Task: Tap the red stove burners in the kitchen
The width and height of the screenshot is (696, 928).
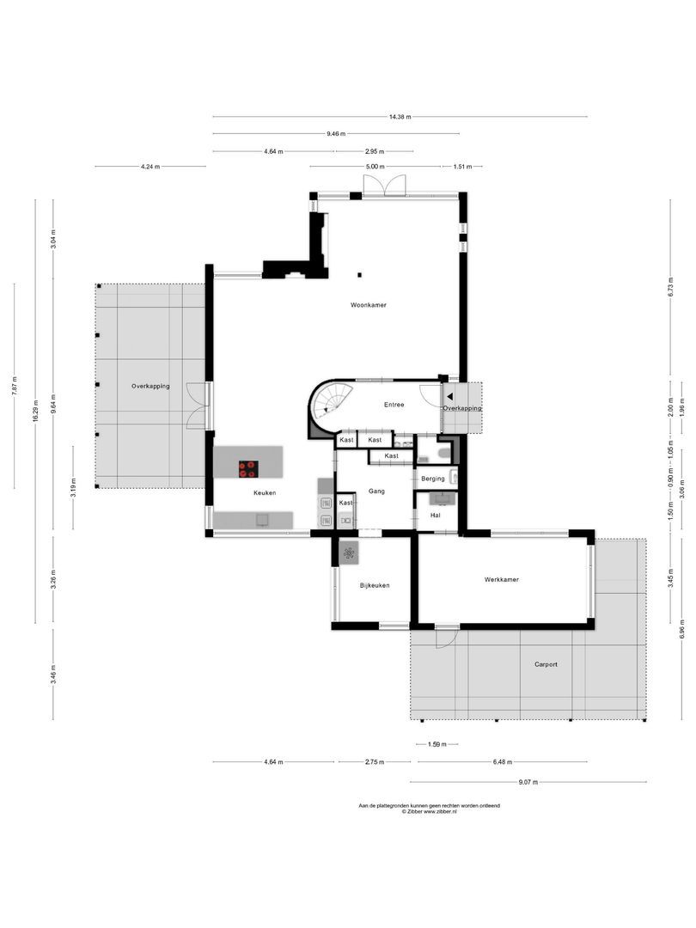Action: [247, 468]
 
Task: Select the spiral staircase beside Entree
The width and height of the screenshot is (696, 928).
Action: [331, 403]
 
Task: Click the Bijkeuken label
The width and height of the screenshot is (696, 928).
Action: [375, 585]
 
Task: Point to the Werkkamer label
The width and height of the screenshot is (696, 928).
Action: [501, 579]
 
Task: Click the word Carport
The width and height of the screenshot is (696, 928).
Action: [546, 664]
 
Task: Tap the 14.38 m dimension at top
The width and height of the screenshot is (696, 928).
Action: [400, 117]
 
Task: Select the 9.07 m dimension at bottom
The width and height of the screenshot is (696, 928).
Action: [529, 782]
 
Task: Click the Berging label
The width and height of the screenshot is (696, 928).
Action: [432, 479]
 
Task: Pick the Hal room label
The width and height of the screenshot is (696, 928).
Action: [436, 515]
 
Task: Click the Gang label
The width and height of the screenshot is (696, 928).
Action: [375, 491]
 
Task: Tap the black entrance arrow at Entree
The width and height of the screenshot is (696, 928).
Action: [449, 396]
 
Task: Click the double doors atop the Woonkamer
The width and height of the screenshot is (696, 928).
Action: [383, 186]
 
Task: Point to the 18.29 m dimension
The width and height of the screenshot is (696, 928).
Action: [35, 409]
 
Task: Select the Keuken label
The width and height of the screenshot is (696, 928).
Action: [265, 492]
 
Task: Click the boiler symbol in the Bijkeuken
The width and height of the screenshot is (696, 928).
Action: [349, 553]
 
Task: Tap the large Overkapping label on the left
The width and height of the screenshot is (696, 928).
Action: [150, 386]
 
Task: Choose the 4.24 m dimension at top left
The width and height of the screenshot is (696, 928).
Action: [150, 167]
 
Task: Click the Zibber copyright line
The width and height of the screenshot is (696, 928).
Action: [429, 811]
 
